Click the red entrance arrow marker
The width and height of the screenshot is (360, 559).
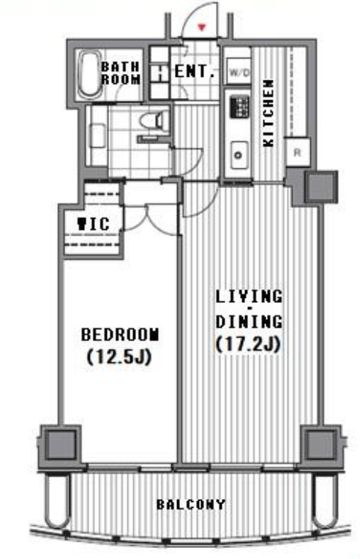pos(202,27)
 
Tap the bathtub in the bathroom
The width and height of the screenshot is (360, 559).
pos(89,75)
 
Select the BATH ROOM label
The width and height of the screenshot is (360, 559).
pos(121,73)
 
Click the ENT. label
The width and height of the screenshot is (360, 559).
pos(195,71)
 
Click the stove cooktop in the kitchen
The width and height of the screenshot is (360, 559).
pos(239,106)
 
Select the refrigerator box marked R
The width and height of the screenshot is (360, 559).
pos(297,152)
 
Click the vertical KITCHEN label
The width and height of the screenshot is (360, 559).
pos(269,113)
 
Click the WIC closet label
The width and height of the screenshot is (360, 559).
pos(94,224)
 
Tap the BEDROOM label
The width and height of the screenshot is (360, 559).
pos(120,334)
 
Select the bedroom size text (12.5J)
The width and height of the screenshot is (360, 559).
pos(119,356)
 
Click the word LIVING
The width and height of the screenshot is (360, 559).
pos(249,296)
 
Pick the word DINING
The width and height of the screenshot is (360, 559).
pos(249,321)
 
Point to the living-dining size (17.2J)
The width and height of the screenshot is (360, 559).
pos(249,344)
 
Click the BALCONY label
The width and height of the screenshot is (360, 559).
pos(191,504)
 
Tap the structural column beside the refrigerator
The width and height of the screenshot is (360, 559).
pos(320,187)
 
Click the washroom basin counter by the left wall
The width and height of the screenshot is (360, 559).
pos(97,135)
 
